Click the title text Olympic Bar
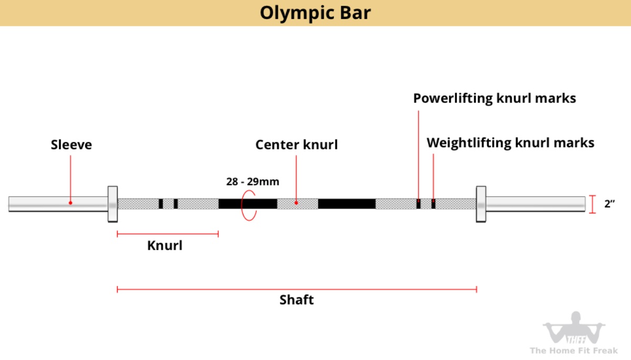point(315,14)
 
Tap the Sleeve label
point(72,145)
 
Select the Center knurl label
point(297,145)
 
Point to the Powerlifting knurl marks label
point(494,98)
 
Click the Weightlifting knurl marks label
point(511,143)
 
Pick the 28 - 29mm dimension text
point(253,182)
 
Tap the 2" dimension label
point(609,203)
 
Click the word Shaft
point(297,300)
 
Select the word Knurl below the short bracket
point(165,245)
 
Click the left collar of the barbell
point(113,204)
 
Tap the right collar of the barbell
point(481,204)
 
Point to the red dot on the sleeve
point(70,203)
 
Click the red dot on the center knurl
point(296,203)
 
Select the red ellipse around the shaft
point(241,205)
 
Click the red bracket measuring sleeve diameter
point(593,204)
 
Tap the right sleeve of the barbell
point(535,204)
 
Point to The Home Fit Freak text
point(574,351)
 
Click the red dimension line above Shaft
point(297,290)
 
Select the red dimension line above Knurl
point(168,234)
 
